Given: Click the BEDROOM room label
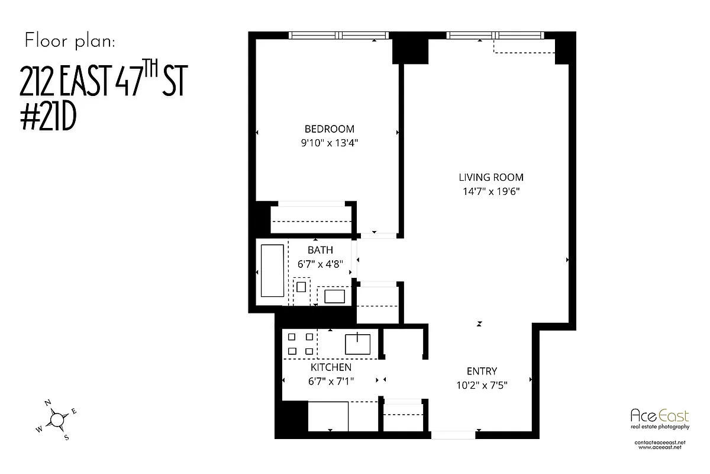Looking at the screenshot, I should pyautogui.click(x=330, y=129).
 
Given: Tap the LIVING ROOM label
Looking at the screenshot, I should pyautogui.click(x=491, y=177).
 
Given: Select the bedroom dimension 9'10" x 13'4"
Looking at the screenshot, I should pyautogui.click(x=330, y=142).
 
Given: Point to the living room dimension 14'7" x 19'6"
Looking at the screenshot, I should pyautogui.click(x=491, y=191).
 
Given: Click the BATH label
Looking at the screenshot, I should pyautogui.click(x=320, y=250).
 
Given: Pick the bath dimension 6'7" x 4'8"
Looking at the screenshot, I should pyautogui.click(x=320, y=264).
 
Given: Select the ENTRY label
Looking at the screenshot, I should pyautogui.click(x=482, y=371).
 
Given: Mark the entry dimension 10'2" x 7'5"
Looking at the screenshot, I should pyautogui.click(x=482, y=385).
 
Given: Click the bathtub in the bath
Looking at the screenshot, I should pyautogui.click(x=272, y=271).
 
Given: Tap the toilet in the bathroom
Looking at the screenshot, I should pyautogui.click(x=302, y=287).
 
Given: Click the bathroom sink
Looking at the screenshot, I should pyautogui.click(x=334, y=296).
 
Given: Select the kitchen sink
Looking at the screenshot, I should pyautogui.click(x=358, y=344).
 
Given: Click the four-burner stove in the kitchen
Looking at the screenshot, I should pyautogui.click(x=301, y=344).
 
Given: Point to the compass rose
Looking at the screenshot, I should pyautogui.click(x=57, y=419).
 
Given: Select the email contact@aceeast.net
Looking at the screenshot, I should pyautogui.click(x=659, y=443).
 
